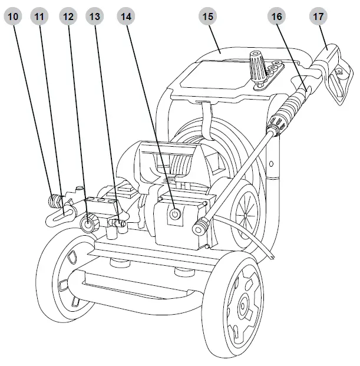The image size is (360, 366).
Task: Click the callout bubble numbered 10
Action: [14, 17]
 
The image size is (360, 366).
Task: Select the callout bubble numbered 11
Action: [40, 17]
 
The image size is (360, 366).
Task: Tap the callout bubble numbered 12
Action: [68, 17]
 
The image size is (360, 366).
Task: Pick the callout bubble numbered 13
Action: [94, 17]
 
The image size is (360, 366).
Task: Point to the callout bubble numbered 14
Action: [125, 17]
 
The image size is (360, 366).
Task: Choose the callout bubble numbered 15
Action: [207, 17]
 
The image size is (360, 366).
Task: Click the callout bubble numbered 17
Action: [319, 17]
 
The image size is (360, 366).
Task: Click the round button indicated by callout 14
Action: [174, 216]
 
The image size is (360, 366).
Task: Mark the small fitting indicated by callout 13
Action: [122, 223]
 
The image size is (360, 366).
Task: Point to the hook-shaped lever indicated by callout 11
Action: [59, 214]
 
